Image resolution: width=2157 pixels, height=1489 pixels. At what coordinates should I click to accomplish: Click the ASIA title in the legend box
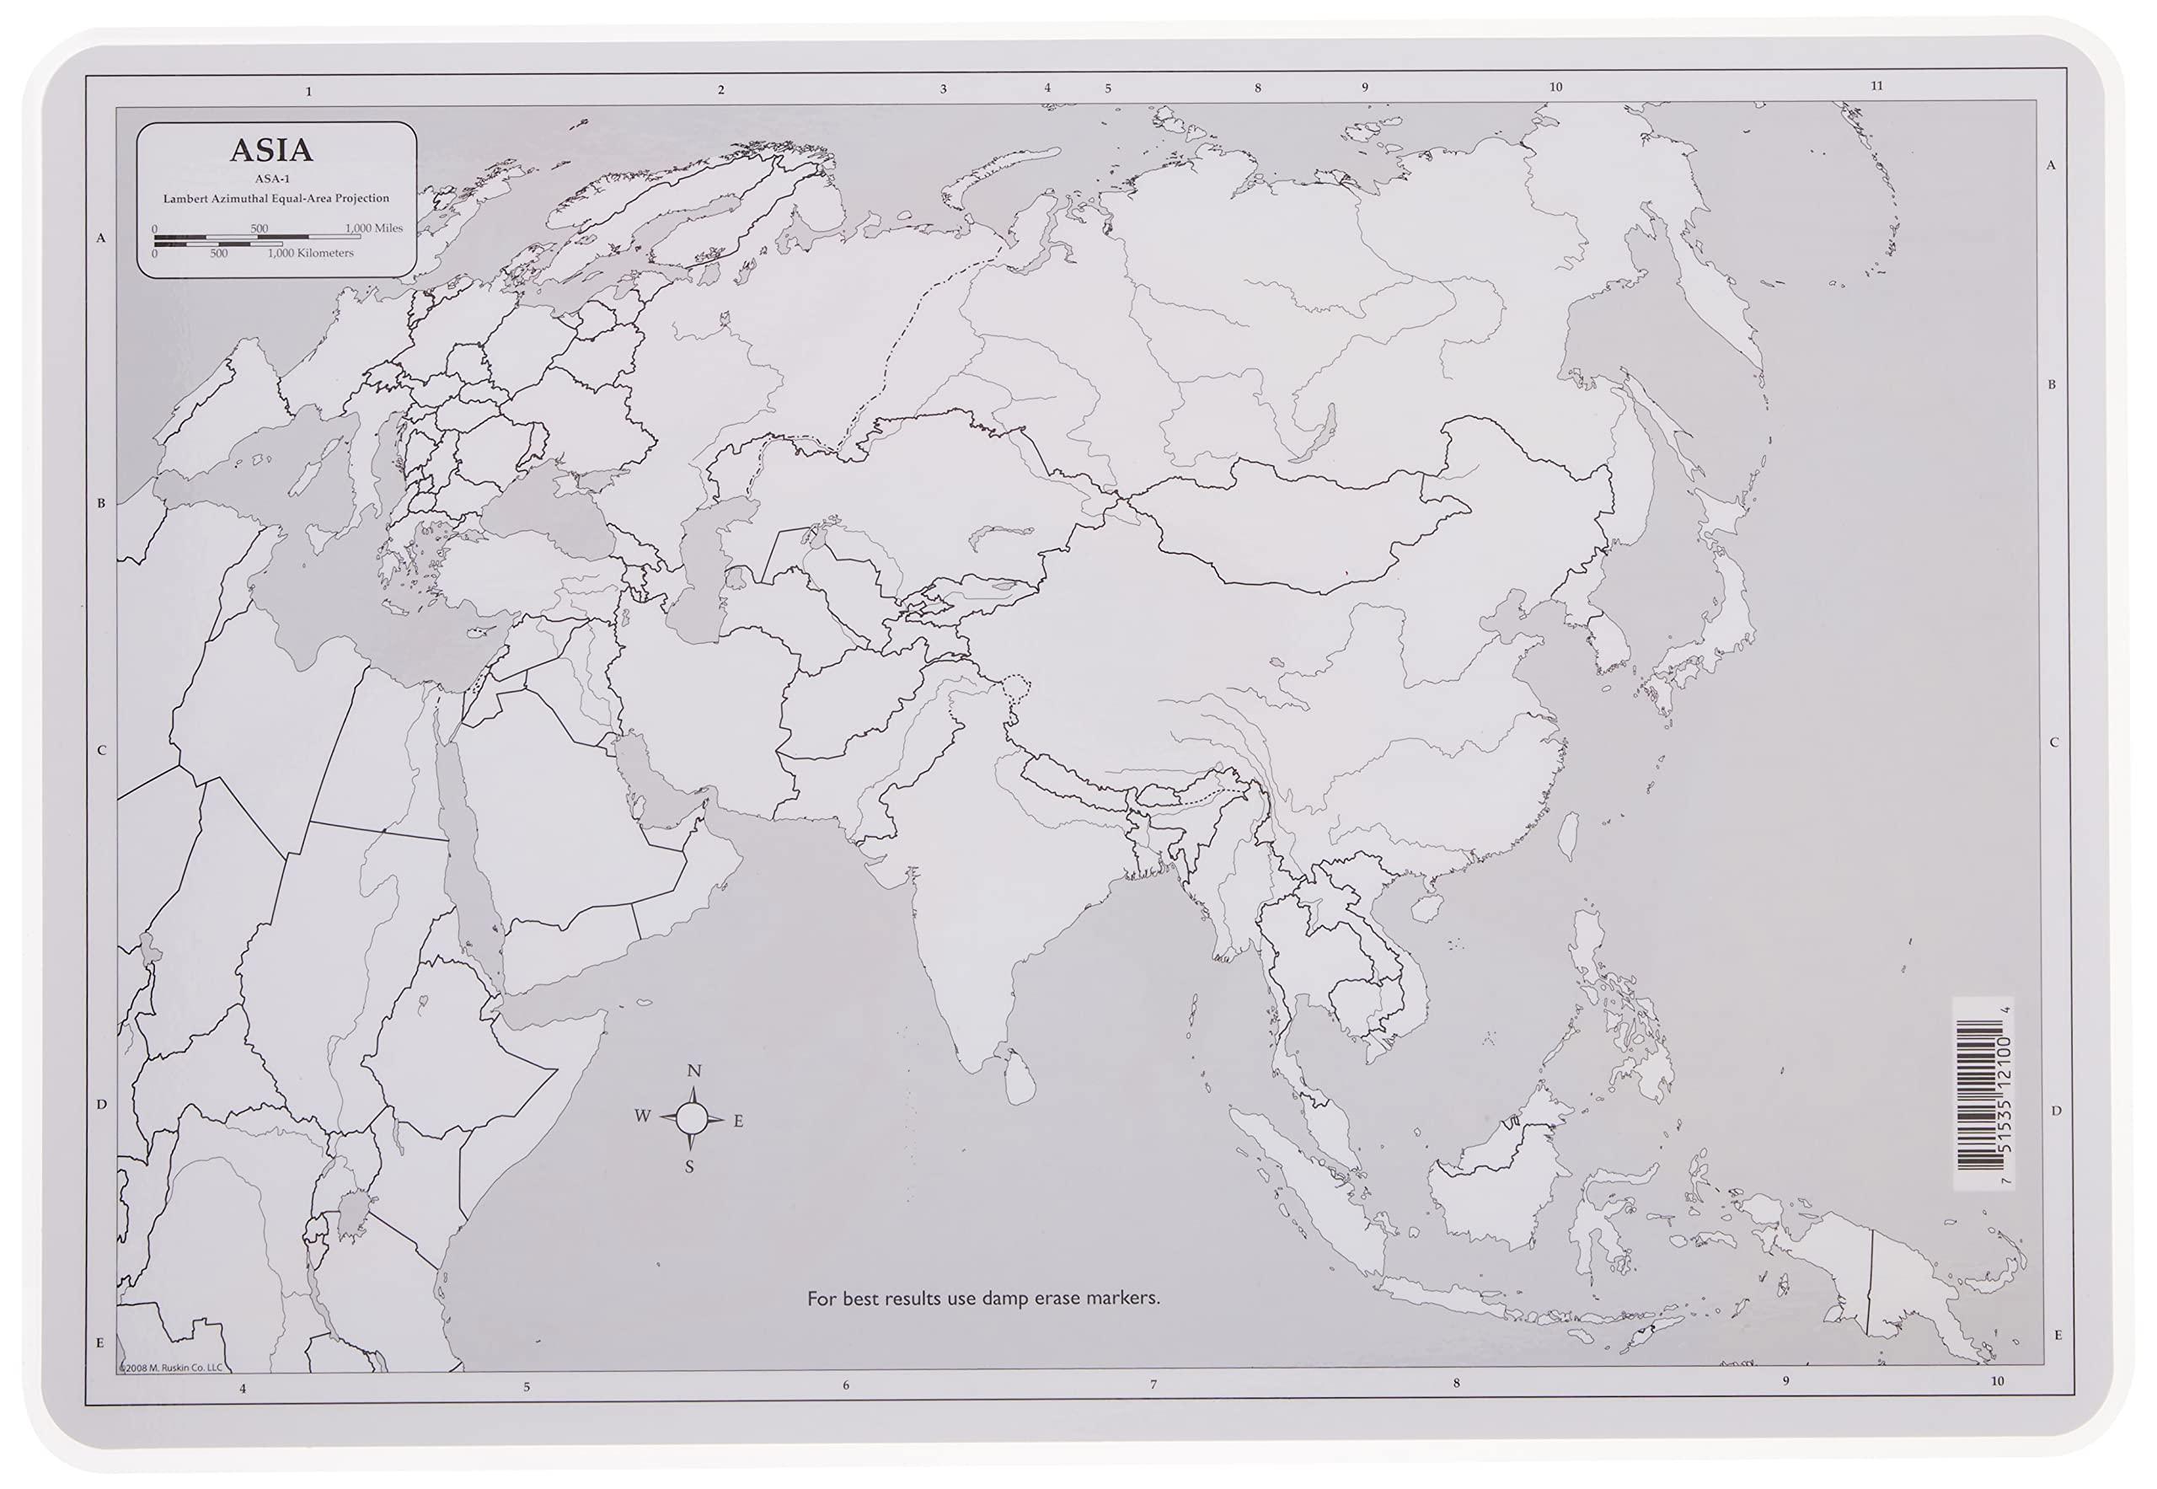tap(271, 150)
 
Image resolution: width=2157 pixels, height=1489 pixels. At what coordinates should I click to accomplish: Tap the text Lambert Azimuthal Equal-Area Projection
tap(276, 199)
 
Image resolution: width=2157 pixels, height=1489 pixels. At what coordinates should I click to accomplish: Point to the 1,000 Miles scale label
tap(374, 228)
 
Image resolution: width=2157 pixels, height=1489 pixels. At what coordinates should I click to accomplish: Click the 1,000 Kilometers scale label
tap(311, 253)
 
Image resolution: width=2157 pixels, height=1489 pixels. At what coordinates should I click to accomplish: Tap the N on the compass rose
tap(693, 1071)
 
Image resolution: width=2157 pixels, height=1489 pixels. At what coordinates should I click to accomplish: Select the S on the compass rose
tap(689, 1166)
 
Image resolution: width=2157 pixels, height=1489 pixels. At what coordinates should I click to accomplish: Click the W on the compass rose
tap(643, 1117)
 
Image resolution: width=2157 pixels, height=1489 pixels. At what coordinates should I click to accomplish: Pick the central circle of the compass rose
tap(690, 1117)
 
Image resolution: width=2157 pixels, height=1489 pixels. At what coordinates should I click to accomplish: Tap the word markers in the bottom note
tap(1129, 1298)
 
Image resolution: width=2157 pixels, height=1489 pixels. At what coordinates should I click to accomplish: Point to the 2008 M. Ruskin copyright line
tap(172, 1368)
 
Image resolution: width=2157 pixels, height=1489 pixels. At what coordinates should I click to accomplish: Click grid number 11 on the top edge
tap(1877, 86)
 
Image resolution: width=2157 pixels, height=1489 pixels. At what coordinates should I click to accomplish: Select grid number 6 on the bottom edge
tap(846, 1385)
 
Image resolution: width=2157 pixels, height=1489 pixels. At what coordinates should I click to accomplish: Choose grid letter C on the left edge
tap(102, 750)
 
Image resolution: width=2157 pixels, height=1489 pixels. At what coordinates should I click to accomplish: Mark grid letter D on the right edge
tap(2055, 1111)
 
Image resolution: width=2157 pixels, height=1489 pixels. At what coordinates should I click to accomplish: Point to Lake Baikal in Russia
tap(1314, 433)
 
